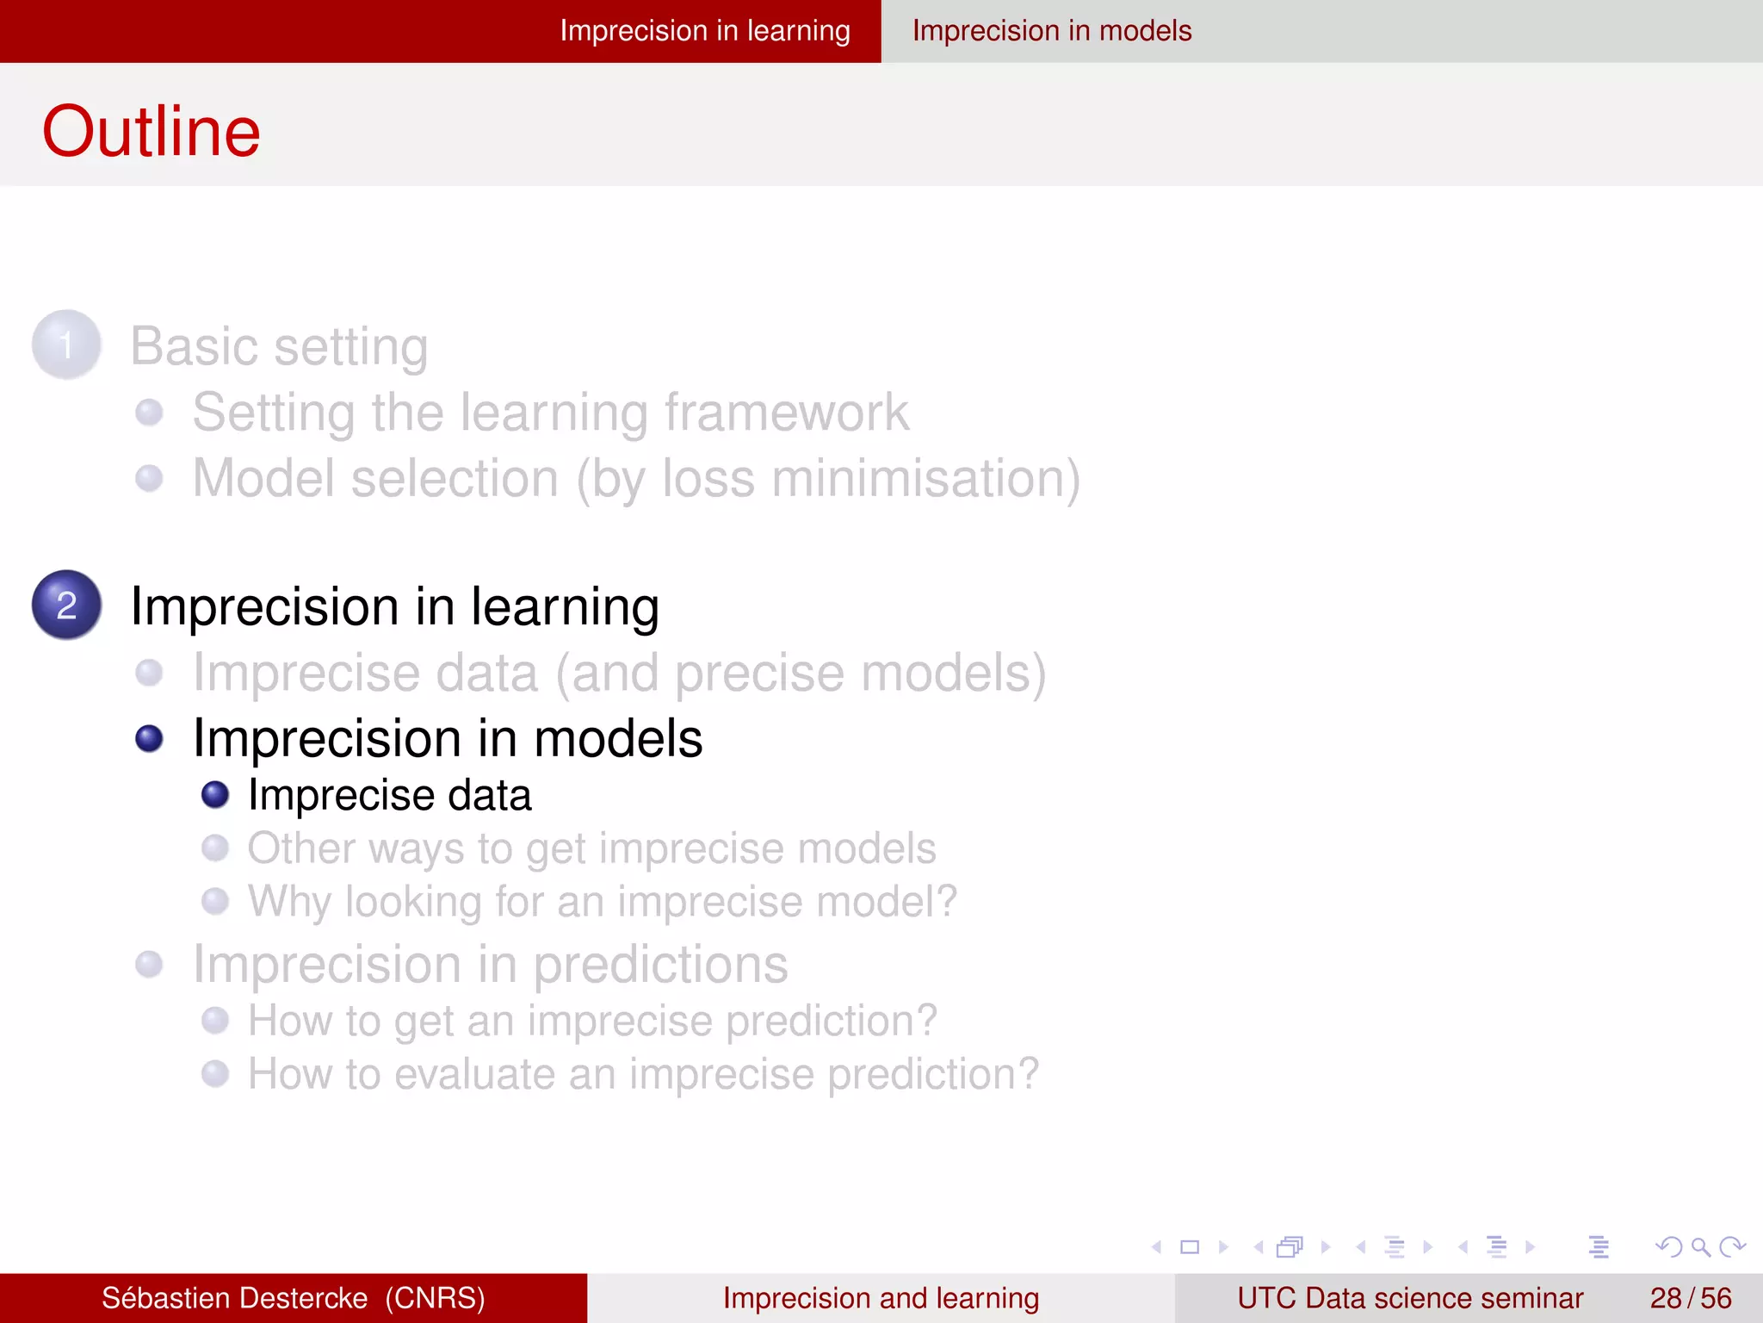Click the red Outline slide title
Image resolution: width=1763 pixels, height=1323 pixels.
152,131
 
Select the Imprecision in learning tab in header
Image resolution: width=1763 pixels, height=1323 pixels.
704,31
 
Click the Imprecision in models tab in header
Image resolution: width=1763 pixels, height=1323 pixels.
1051,31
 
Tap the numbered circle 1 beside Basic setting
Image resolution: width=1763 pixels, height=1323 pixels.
66,345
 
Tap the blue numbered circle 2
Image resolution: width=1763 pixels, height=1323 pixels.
66,605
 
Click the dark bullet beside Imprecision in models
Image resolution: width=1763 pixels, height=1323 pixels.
149,739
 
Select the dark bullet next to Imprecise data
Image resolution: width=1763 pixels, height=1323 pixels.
215,795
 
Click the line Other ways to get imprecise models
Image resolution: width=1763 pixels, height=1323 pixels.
591,848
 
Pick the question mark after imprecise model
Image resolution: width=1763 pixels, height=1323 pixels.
945,901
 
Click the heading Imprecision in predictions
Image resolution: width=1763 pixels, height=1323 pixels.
490,964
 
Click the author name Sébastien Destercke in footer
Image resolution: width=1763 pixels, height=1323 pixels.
234,1298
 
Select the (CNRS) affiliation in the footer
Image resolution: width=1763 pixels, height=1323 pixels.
435,1298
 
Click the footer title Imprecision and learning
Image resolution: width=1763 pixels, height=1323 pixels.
881,1298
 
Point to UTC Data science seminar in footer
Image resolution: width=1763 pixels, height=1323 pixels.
1409,1298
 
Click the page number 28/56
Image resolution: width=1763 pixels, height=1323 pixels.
1690,1298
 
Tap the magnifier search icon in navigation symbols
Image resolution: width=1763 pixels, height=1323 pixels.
1699,1246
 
